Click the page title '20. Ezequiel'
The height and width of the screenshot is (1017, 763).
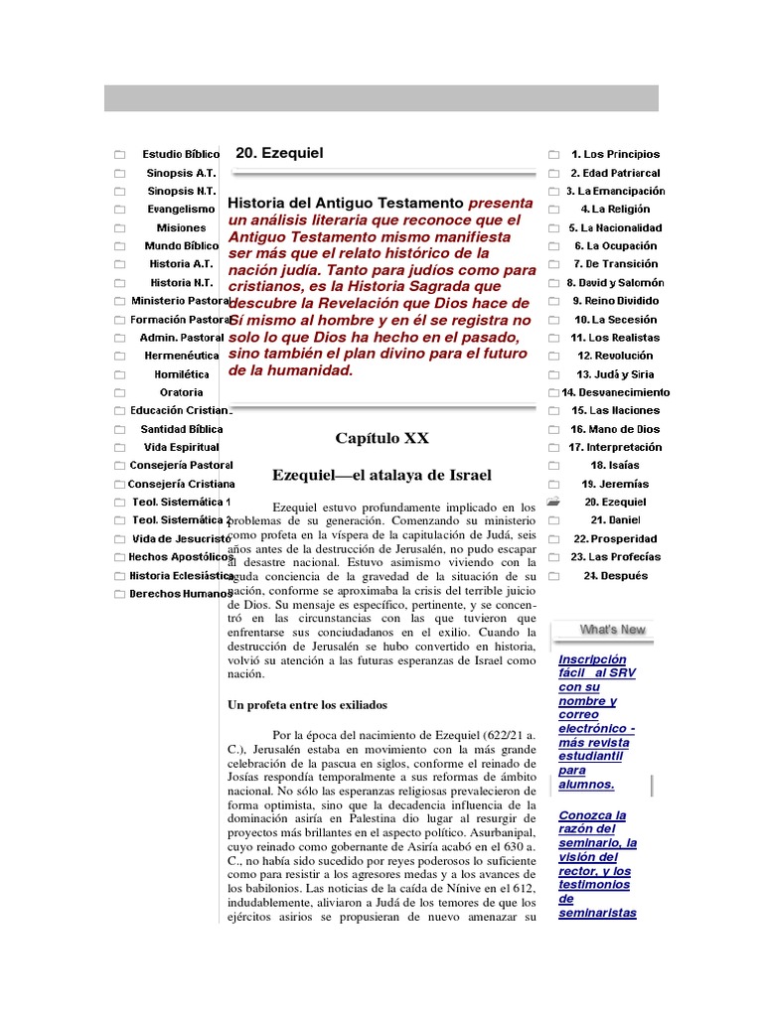pos(279,153)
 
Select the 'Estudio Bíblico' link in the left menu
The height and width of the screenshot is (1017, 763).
pos(181,155)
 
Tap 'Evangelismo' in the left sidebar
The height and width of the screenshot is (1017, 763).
pos(181,210)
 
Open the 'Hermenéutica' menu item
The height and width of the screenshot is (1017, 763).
pos(181,356)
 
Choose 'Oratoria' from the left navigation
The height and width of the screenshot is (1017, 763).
pos(181,392)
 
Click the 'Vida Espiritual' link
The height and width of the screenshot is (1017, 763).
pos(181,447)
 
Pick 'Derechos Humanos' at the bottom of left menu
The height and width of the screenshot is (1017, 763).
pos(181,594)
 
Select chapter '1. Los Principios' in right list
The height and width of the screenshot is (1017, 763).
pos(615,155)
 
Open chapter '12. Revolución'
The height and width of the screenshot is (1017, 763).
pos(615,356)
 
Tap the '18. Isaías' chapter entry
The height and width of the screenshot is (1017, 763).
pos(615,465)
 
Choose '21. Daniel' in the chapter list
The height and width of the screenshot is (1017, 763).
pos(615,520)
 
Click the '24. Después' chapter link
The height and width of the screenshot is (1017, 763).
pos(615,575)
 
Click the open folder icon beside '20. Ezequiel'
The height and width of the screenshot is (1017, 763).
pos(553,502)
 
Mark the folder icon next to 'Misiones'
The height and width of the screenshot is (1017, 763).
pos(119,228)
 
